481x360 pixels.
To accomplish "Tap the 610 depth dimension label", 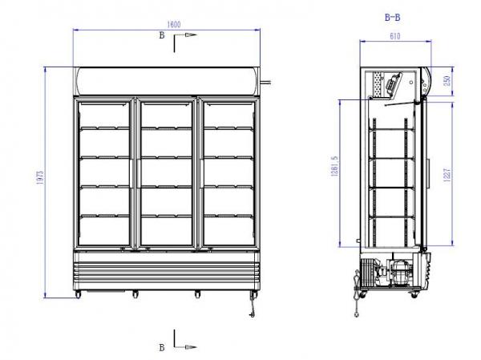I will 393,37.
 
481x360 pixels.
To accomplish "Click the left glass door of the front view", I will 104,172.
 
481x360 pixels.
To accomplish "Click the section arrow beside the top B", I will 186,37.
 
